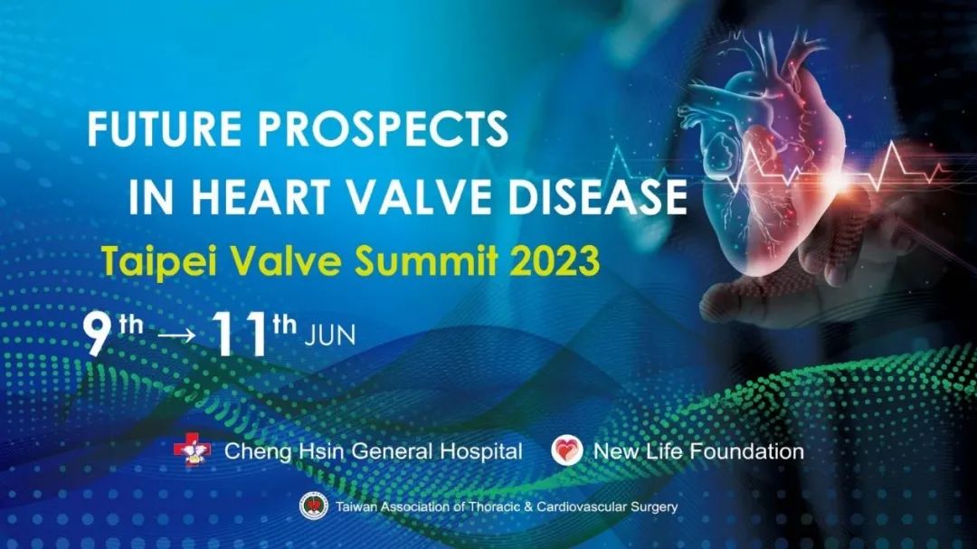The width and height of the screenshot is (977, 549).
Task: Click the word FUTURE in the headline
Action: click(165, 128)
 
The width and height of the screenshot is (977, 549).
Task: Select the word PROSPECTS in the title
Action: click(384, 128)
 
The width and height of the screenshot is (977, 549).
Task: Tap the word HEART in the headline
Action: click(261, 196)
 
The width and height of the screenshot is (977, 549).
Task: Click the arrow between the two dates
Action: click(176, 336)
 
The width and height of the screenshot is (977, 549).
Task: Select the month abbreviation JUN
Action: click(329, 336)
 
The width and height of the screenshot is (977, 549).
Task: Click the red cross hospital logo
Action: click(192, 450)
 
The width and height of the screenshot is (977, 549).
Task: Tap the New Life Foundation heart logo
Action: click(567, 450)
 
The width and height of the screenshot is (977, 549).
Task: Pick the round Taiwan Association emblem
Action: click(314, 506)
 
